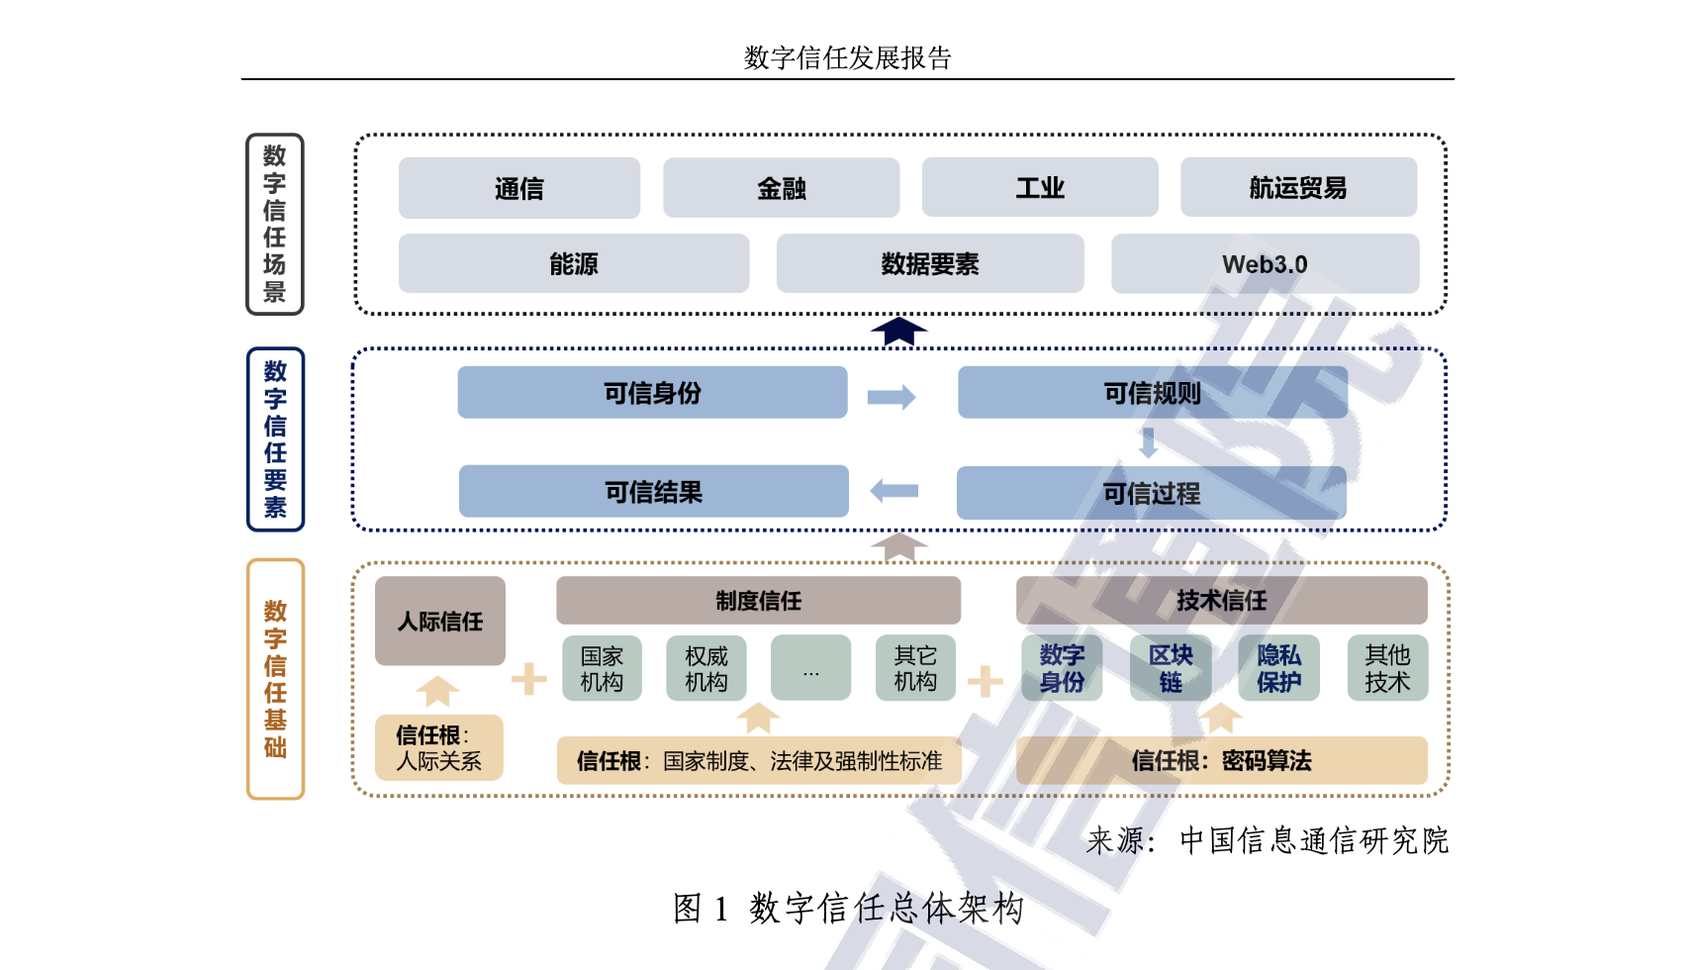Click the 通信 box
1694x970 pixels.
518,188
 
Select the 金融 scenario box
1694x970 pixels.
781,188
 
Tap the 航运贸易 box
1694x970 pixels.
1297,188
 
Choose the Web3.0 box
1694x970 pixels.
1265,264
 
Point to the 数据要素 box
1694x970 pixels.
929,264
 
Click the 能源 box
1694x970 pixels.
573,264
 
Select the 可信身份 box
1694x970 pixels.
652,393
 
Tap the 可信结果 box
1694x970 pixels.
653,492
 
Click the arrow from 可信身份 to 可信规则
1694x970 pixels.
892,397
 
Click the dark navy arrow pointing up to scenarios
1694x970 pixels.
898,331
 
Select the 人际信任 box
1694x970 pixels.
439,621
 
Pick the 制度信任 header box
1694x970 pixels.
758,601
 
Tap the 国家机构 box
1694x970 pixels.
602,668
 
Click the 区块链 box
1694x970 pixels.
1171,668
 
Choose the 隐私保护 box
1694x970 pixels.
1278,668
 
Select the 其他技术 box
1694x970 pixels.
1387,668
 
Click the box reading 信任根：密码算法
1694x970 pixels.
1221,760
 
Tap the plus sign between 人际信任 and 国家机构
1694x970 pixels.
529,678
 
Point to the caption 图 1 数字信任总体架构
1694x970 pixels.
848,908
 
